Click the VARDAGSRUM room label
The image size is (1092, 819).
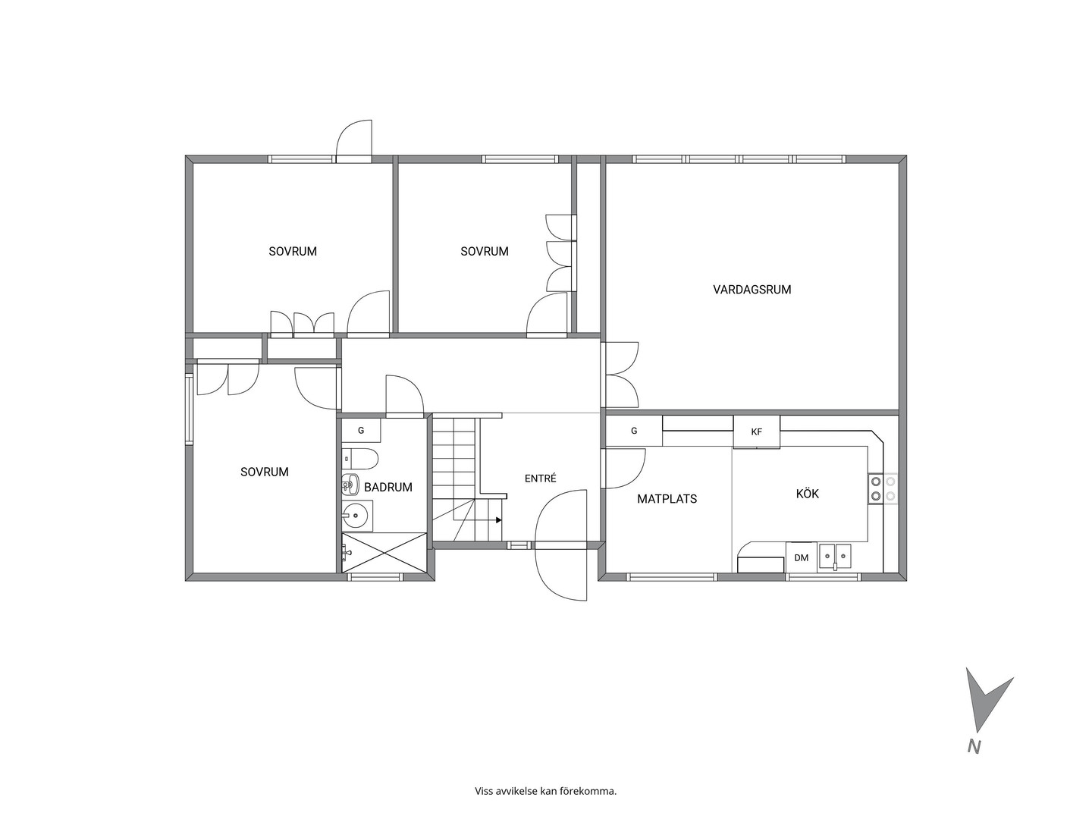[752, 290]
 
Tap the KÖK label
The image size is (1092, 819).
[807, 493]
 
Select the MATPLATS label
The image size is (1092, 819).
[667, 499]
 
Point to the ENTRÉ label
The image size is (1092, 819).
[540, 479]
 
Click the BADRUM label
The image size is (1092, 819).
[388, 488]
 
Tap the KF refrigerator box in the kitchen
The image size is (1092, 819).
[757, 431]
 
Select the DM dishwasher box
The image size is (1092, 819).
[801, 558]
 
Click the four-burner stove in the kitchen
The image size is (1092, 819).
[883, 489]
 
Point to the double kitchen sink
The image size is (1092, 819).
[836, 556]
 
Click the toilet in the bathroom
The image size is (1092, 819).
[360, 459]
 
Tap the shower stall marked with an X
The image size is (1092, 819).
[384, 553]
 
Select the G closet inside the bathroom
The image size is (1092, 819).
[361, 431]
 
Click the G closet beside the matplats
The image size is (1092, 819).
[634, 431]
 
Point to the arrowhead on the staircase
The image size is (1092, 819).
[498, 520]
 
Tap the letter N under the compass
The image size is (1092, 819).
[974, 761]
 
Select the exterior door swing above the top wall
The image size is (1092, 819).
[354, 140]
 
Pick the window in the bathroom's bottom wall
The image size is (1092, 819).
[374, 577]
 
